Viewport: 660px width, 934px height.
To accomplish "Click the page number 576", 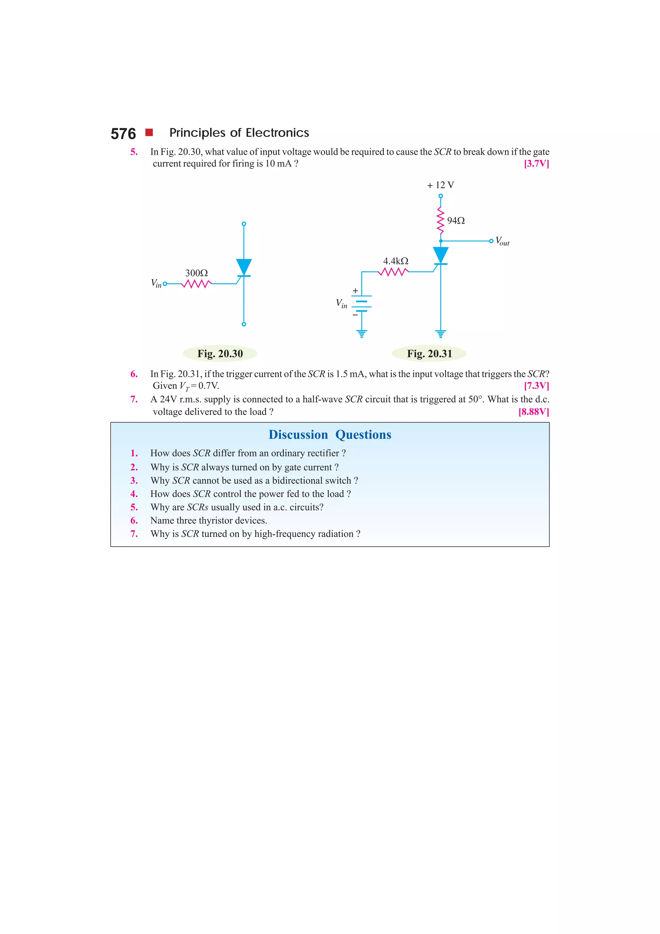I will pyautogui.click(x=123, y=134).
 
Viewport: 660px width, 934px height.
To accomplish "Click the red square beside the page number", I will pyautogui.click(x=149, y=132).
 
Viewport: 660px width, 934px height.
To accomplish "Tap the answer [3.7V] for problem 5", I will pyautogui.click(x=536, y=163).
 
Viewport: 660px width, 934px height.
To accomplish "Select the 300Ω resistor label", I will pyautogui.click(x=196, y=273).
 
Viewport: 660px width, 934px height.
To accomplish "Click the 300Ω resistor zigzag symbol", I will pyautogui.click(x=196, y=284).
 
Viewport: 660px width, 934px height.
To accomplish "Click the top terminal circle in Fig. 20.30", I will pyautogui.click(x=244, y=224).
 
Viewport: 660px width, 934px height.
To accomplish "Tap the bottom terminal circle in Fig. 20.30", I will pyautogui.click(x=244, y=324).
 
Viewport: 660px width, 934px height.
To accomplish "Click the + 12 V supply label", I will pyautogui.click(x=441, y=185).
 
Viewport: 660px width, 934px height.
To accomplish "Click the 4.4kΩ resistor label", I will pyautogui.click(x=395, y=261).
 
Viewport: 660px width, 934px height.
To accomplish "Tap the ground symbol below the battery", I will pyautogui.click(x=362, y=334).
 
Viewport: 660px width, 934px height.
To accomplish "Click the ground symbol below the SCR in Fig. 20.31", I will pyautogui.click(x=441, y=334).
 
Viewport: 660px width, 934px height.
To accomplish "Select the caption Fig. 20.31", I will pyautogui.click(x=430, y=354).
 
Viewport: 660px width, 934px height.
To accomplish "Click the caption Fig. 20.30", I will pyautogui.click(x=220, y=354).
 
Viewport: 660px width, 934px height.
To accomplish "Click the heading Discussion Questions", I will pyautogui.click(x=330, y=434).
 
